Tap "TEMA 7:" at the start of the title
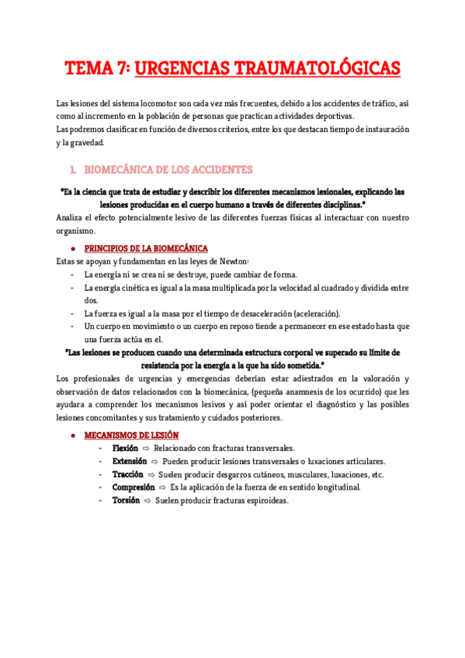(x=96, y=70)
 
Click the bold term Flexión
(x=125, y=448)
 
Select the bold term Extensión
(x=129, y=462)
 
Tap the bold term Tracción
(x=127, y=475)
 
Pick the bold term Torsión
(x=126, y=500)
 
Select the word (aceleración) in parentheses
(x=317, y=313)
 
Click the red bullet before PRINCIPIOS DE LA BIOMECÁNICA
(x=71, y=249)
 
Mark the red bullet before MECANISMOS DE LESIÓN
(x=71, y=436)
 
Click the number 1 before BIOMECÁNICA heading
(x=71, y=170)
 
